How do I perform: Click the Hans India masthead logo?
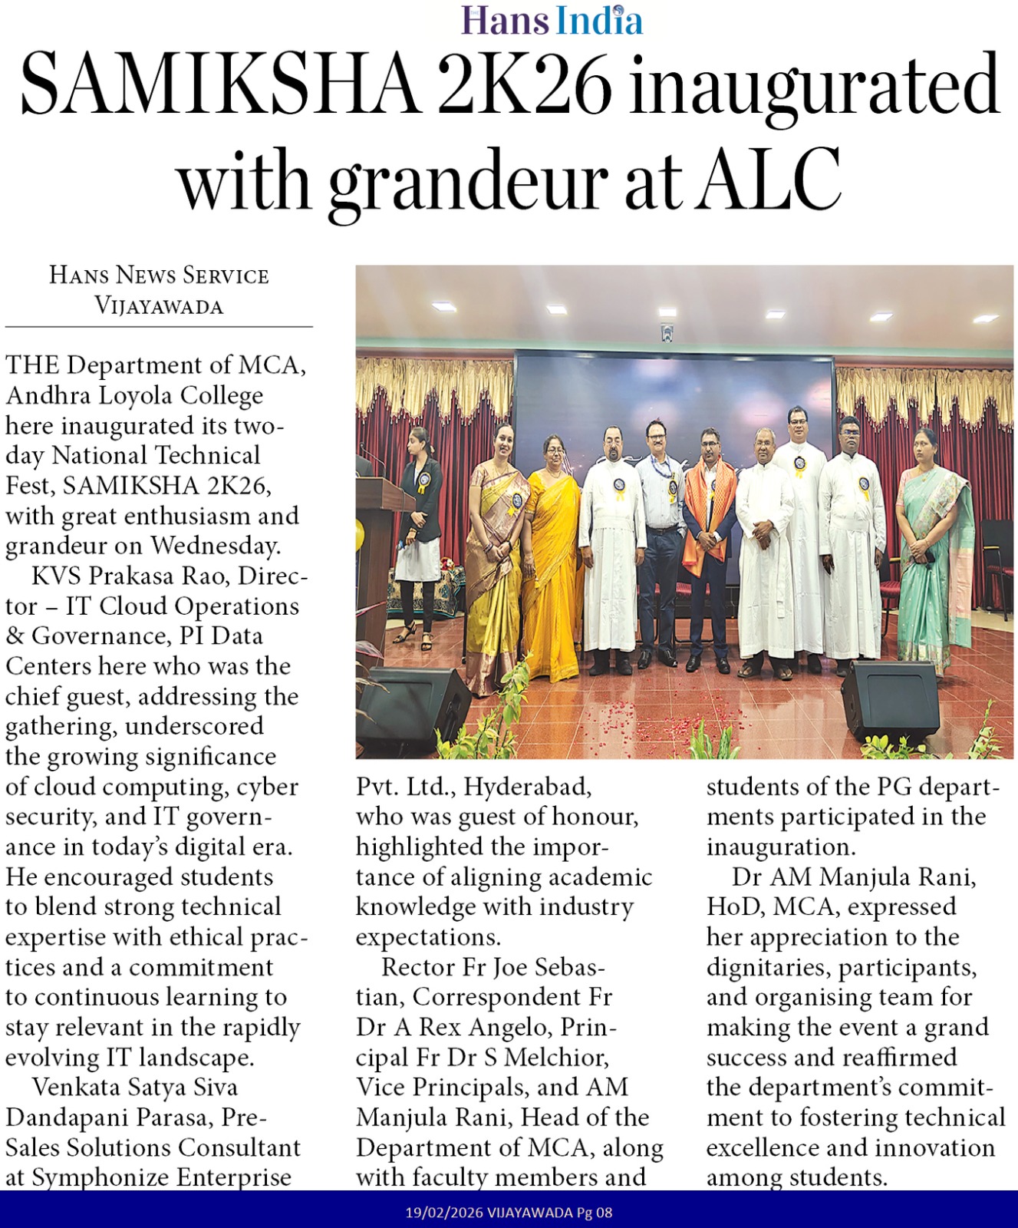552,20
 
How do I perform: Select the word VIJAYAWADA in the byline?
159,305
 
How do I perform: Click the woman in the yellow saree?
551,553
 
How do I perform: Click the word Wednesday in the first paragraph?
214,546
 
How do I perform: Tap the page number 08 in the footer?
605,1213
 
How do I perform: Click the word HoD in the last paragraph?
732,907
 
